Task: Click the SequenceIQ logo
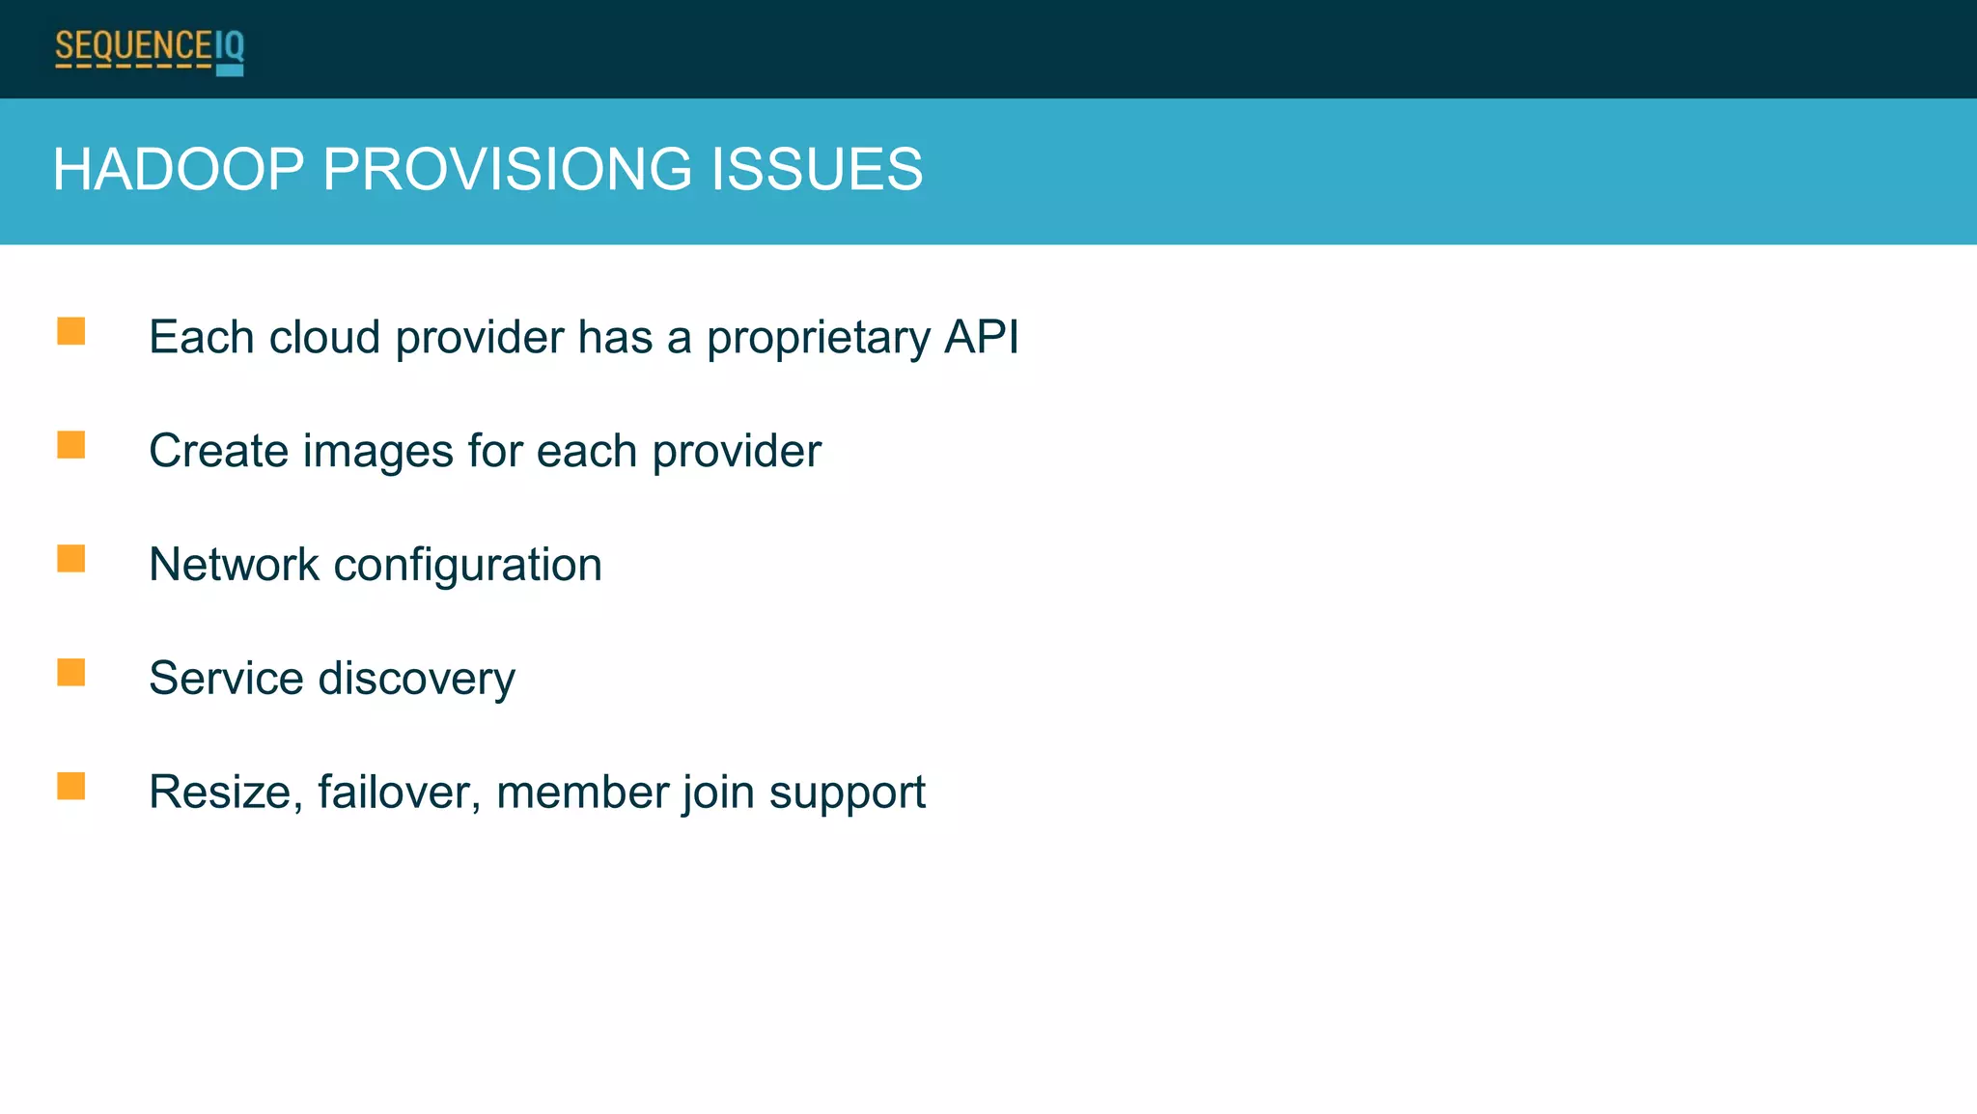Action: (150, 50)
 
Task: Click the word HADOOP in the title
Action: (179, 170)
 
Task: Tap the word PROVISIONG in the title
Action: (508, 170)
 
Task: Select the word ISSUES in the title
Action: (817, 170)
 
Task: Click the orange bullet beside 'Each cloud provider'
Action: (70, 332)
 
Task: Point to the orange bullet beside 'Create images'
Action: (70, 445)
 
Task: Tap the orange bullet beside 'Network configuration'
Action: (70, 559)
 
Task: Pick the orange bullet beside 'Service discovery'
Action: (70, 673)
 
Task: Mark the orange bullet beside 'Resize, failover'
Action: (70, 787)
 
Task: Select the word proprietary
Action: (819, 340)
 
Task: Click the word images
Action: (378, 452)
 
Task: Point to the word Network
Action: (234, 565)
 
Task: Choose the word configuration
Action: (467, 567)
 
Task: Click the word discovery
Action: (417, 680)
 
